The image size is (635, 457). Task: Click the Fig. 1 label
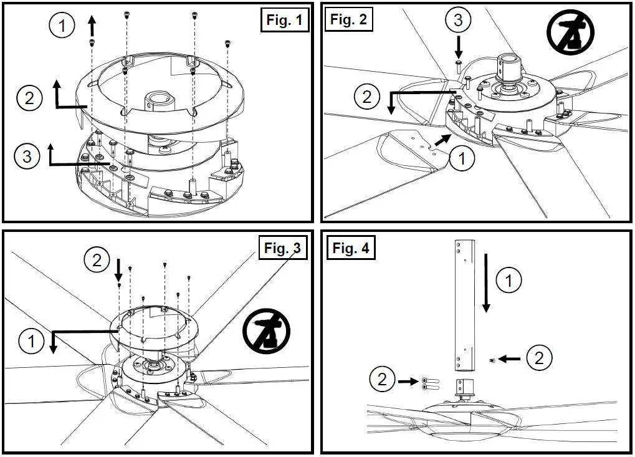click(x=284, y=21)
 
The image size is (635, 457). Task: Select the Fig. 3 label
click(x=282, y=248)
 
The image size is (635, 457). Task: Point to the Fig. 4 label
click(x=350, y=248)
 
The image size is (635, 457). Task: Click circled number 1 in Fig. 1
click(x=63, y=26)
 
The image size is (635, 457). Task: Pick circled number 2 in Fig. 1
click(x=29, y=98)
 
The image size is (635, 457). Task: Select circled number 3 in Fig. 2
click(x=458, y=21)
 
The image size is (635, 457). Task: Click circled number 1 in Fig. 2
click(x=462, y=160)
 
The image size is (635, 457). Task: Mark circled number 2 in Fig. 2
click(x=366, y=97)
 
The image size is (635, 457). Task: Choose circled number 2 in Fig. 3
click(x=97, y=260)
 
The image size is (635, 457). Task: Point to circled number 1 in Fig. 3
click(x=31, y=340)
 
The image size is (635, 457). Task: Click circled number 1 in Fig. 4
click(x=510, y=281)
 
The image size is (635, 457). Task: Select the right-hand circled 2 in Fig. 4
click(x=539, y=358)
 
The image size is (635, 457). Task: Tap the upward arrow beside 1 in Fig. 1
click(x=92, y=26)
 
